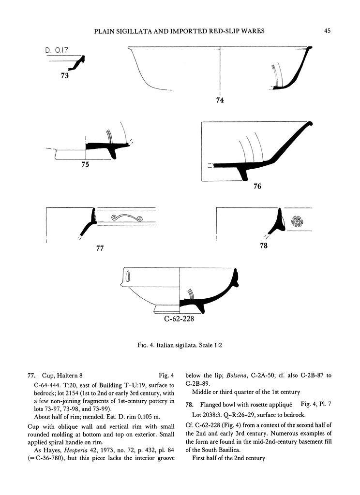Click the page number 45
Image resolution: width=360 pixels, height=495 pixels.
[x=327, y=31]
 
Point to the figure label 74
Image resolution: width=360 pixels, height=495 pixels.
[x=220, y=100]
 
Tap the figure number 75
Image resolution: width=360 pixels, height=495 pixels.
[x=86, y=164]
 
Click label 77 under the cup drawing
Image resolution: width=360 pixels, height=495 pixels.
[x=100, y=248]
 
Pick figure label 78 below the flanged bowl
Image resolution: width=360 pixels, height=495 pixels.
[x=264, y=246]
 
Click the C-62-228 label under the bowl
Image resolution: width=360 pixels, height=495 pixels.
[x=179, y=319]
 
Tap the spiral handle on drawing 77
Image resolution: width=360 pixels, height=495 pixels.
[x=126, y=218]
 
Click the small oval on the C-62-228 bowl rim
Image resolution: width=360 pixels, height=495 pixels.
[x=128, y=277]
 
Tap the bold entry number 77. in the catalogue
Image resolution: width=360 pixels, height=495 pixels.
[x=32, y=374]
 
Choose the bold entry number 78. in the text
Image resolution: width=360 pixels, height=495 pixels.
[x=189, y=404]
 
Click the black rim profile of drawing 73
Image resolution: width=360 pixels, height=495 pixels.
[x=79, y=62]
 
